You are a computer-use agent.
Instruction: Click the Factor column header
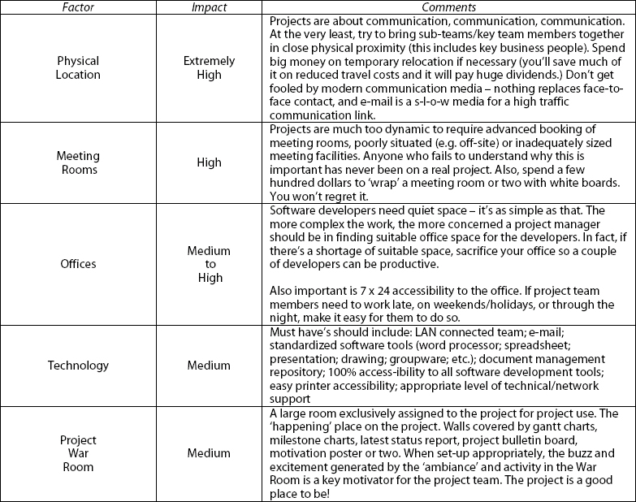pos(79,7)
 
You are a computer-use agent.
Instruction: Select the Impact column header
pos(209,7)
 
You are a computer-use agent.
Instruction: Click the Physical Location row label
pos(79,67)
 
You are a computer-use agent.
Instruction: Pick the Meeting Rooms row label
pos(79,162)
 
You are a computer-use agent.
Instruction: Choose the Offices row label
pos(79,264)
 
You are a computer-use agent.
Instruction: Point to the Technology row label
pos(79,365)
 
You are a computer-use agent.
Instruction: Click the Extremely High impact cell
pos(209,67)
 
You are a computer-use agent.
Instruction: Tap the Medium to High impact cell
pos(209,264)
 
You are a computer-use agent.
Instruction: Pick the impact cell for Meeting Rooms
pos(209,162)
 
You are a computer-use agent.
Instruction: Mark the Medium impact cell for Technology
pos(209,365)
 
